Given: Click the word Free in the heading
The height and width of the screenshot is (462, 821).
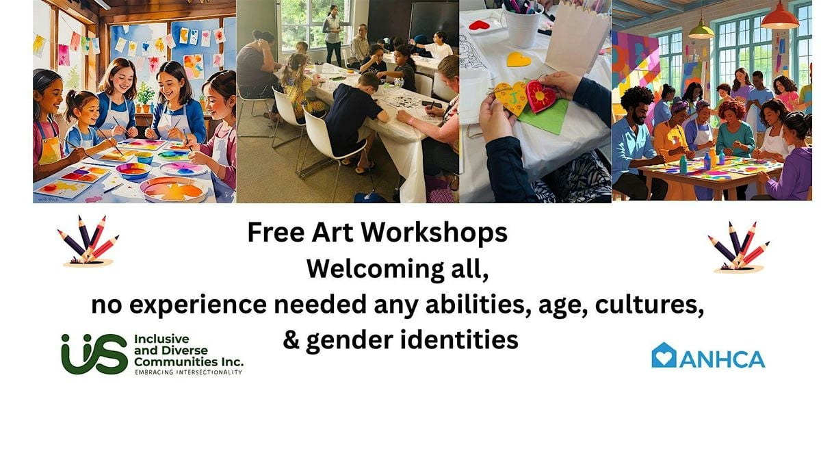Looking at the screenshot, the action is click(276, 232).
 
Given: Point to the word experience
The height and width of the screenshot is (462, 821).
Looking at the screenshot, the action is click(198, 305).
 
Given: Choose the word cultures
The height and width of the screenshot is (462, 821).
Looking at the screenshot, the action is click(649, 305).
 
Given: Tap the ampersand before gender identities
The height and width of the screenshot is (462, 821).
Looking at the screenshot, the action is click(291, 339).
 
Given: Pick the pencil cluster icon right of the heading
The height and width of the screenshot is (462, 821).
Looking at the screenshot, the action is click(738, 247).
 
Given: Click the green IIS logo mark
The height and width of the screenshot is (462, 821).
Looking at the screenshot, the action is click(94, 355).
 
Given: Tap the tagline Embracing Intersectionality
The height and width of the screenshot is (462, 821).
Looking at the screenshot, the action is click(189, 372).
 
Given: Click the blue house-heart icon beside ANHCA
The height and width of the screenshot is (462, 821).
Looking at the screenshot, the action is click(664, 355).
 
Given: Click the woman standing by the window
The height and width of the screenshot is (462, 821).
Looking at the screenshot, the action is click(333, 36).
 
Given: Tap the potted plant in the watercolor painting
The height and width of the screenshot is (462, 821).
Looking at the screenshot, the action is click(145, 97).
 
